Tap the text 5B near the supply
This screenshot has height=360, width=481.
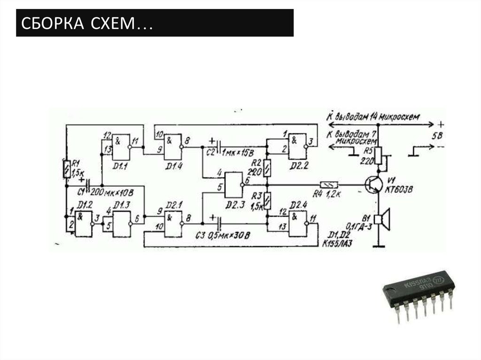pos(437,137)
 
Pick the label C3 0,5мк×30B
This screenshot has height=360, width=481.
pos(223,235)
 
